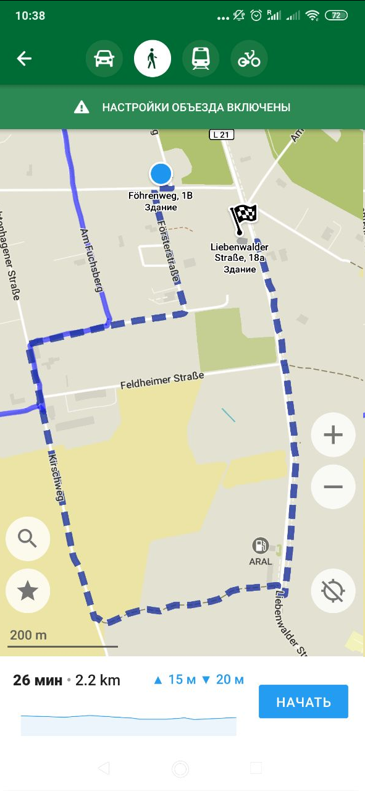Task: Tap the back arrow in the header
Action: [x=24, y=59]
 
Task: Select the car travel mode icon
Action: [x=103, y=59]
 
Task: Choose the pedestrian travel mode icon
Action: [x=152, y=59]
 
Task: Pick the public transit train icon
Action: [x=201, y=59]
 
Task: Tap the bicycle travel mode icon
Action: [x=249, y=59]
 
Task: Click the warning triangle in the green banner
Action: [x=82, y=108]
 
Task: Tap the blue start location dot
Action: [x=161, y=174]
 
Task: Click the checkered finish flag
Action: [x=243, y=216]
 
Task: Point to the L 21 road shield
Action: [x=221, y=135]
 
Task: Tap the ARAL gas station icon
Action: [x=261, y=546]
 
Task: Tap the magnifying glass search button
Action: [x=27, y=539]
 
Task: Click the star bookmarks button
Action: [x=27, y=591]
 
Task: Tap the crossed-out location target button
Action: [x=333, y=591]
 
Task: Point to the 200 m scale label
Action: [x=28, y=635]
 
